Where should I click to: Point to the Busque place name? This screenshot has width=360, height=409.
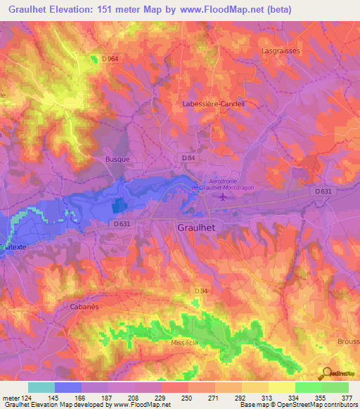click(117, 160)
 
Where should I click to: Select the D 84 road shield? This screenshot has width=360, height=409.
click(188, 158)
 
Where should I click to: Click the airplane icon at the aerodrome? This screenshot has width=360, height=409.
click(224, 197)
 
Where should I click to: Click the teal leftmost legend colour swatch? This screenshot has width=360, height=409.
click(41, 387)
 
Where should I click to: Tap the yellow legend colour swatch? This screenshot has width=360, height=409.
click(281, 387)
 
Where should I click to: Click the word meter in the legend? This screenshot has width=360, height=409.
click(11, 397)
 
